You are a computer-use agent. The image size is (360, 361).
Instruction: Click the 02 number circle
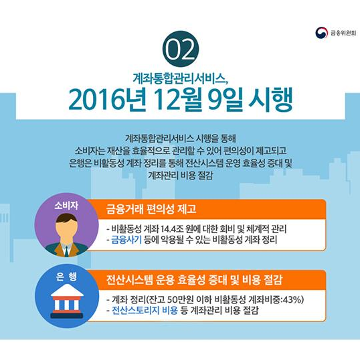point(181,49)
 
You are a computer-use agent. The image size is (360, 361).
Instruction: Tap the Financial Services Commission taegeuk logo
point(321,33)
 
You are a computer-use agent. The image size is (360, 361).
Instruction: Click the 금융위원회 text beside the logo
point(343,33)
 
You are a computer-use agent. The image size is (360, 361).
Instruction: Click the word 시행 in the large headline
point(270,99)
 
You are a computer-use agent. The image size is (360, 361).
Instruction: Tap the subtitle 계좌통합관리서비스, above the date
point(181,78)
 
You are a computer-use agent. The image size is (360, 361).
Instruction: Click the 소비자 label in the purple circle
point(66,206)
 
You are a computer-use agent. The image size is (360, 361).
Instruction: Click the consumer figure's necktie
point(66,251)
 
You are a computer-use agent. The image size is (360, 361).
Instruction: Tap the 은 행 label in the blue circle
point(66,277)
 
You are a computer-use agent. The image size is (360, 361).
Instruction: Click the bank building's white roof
point(67,290)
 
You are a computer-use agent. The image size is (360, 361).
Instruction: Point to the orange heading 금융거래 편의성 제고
point(151,209)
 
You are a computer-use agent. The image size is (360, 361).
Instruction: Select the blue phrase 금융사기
point(126,240)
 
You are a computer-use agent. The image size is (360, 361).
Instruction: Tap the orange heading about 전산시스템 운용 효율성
point(194,280)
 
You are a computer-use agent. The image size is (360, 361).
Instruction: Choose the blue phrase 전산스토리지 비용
point(145,310)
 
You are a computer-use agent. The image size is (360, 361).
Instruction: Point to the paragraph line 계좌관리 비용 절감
point(181,175)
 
